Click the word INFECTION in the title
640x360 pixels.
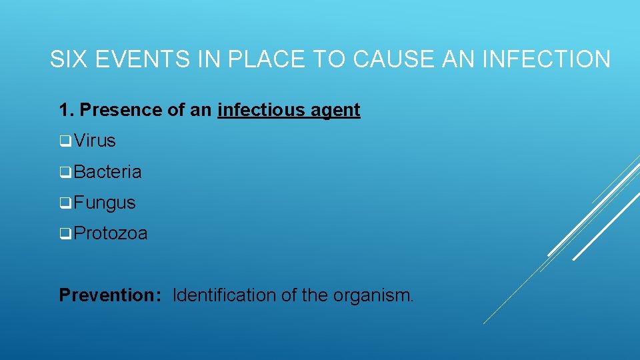545,59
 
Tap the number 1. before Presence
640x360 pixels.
66,110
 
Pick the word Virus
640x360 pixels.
95,141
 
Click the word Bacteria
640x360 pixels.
108,172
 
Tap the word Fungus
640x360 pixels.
105,203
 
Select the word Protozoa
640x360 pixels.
111,234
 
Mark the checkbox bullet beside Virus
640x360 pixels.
65,141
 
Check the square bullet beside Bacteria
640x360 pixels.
65,173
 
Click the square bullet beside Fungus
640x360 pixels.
65,203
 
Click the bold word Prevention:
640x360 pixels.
110,295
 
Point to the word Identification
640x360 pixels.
225,295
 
